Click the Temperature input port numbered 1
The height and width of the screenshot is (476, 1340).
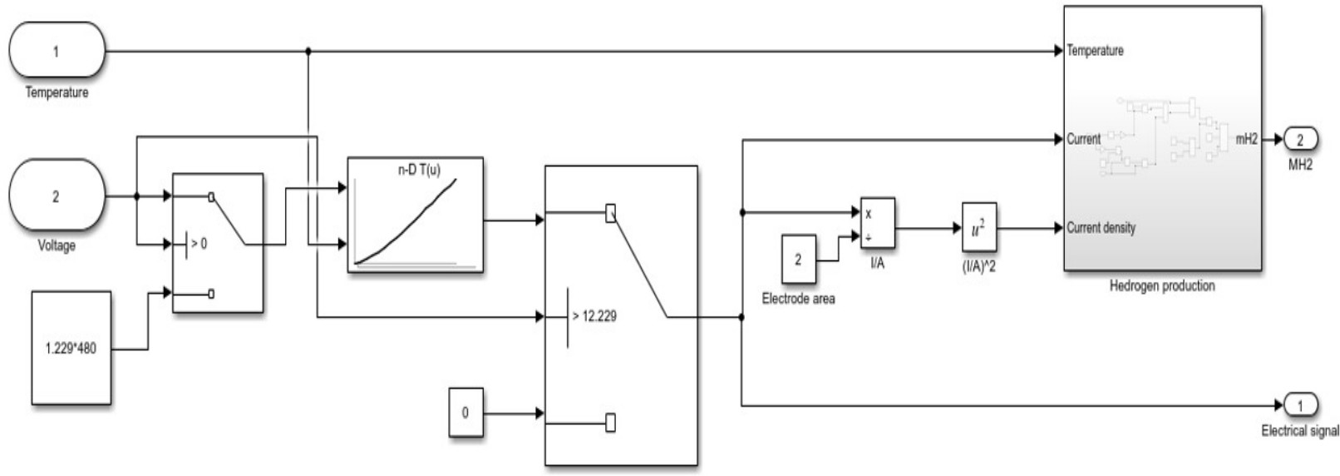[x=57, y=51]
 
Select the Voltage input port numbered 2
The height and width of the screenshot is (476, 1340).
[x=57, y=196]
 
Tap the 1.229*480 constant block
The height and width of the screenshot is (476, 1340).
[x=71, y=348]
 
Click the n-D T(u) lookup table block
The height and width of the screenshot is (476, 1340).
[x=415, y=215]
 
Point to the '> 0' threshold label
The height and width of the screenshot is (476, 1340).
[x=199, y=244]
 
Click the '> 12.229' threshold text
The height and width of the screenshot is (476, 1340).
[x=594, y=316]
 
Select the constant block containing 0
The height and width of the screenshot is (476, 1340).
[x=465, y=412]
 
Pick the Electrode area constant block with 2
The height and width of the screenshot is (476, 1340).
[x=798, y=259]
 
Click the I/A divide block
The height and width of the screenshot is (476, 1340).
[x=877, y=223]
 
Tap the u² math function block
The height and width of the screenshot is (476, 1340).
[x=978, y=227]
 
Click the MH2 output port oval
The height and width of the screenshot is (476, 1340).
[x=1301, y=140]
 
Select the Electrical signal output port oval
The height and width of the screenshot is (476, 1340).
[x=1301, y=405]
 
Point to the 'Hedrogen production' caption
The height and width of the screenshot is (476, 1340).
[x=1162, y=285]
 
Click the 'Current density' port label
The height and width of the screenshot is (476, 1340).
[x=1101, y=227]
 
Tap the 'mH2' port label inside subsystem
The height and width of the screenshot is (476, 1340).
[x=1246, y=139]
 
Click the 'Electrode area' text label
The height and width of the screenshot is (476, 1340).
[x=798, y=298]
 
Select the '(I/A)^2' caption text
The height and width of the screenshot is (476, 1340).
[x=978, y=267]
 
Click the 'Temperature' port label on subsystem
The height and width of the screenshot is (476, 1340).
[x=1095, y=51]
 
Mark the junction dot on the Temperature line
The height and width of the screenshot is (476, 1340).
[x=308, y=51]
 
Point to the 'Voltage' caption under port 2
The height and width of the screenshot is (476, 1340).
[x=57, y=245]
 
